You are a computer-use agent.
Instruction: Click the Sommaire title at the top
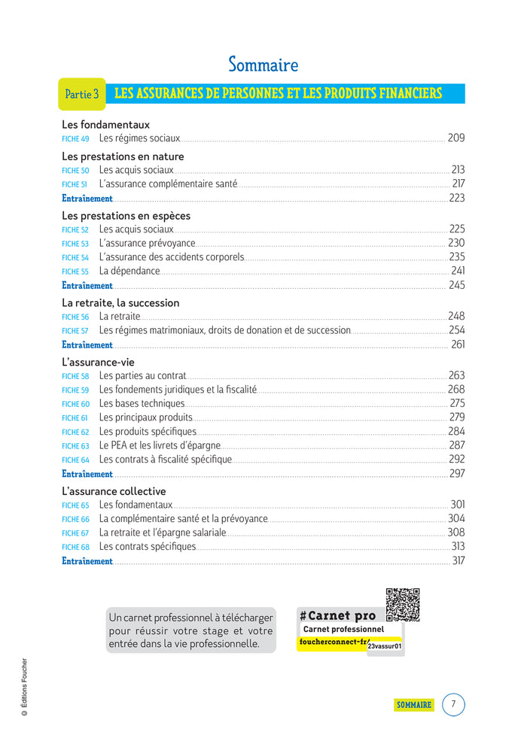[x=263, y=65]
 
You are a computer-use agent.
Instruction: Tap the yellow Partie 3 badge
[x=82, y=94]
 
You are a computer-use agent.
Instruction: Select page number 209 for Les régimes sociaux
[x=455, y=138]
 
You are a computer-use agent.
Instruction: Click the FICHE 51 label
[x=75, y=184]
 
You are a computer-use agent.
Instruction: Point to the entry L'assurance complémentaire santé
[x=168, y=184]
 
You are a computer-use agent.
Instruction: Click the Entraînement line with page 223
[x=87, y=199]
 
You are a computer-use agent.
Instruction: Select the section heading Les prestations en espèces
[x=126, y=216]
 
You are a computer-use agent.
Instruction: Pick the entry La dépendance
[x=129, y=271]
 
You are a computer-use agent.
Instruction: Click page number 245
[x=456, y=285]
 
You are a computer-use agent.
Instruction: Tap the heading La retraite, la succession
[x=120, y=303]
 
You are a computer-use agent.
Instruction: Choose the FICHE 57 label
[x=75, y=331]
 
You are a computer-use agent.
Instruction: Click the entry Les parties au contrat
[x=142, y=375]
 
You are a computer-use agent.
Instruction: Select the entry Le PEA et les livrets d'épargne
[x=160, y=445]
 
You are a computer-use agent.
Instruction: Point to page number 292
[x=456, y=459]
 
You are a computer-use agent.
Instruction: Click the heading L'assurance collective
[x=114, y=491]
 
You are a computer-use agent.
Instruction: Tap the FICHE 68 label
[x=75, y=548]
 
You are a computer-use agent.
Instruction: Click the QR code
[x=402, y=605]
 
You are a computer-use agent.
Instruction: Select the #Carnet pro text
[x=337, y=615]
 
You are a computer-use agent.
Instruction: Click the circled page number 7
[x=453, y=705]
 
